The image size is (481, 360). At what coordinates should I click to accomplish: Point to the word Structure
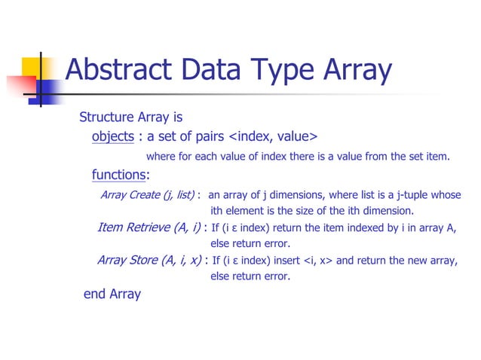[106, 117]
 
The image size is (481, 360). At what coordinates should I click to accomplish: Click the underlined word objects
[112, 136]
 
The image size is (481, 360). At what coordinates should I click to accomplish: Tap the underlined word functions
[118, 175]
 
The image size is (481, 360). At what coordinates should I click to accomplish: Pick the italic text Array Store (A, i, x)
[149, 261]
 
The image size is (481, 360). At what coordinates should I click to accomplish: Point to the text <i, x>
[319, 261]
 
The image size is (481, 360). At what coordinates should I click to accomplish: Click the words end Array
[112, 294]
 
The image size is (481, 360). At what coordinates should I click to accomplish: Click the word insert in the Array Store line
[287, 261]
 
